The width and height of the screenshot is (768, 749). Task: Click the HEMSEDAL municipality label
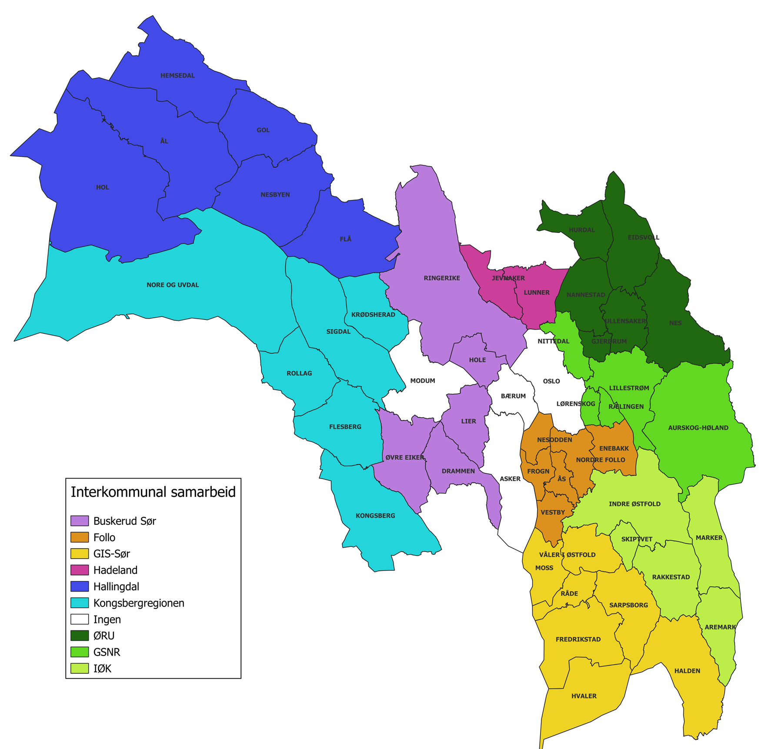(x=177, y=76)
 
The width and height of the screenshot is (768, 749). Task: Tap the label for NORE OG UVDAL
(x=173, y=285)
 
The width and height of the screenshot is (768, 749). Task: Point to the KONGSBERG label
(x=375, y=516)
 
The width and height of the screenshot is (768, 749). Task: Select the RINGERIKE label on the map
(x=442, y=278)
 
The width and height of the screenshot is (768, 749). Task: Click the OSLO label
(x=551, y=381)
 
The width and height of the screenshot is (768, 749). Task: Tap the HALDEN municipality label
(x=687, y=671)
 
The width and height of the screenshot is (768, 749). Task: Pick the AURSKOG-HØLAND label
(x=698, y=428)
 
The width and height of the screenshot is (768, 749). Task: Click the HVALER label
(x=584, y=696)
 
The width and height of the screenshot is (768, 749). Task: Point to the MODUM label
(x=423, y=381)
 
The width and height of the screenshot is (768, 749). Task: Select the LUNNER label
(x=537, y=293)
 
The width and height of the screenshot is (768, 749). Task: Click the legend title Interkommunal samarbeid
(x=153, y=492)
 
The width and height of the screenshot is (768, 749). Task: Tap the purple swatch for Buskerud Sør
(x=80, y=521)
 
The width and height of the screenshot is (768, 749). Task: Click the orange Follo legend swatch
(x=80, y=537)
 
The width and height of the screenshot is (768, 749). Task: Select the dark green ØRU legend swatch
(x=80, y=636)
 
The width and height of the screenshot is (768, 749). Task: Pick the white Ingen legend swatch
(x=80, y=619)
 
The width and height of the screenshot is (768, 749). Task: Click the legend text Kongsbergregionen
(x=139, y=603)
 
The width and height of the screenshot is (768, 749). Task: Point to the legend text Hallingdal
(x=116, y=586)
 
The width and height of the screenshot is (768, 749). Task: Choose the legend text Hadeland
(x=115, y=570)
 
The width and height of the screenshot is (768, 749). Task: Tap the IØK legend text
(x=102, y=669)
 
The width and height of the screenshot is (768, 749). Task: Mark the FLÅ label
(x=345, y=239)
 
